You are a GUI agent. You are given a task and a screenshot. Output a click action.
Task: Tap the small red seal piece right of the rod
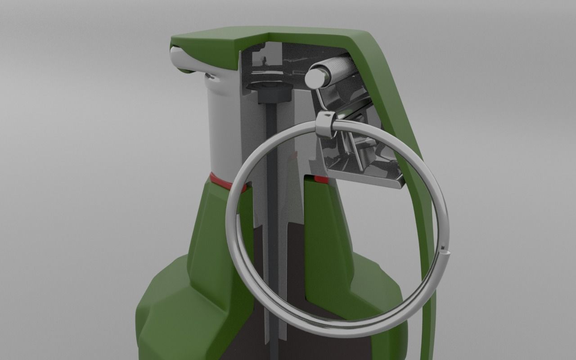tap(321, 180)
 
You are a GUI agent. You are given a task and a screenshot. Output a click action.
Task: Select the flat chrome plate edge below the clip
tap(364, 180)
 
